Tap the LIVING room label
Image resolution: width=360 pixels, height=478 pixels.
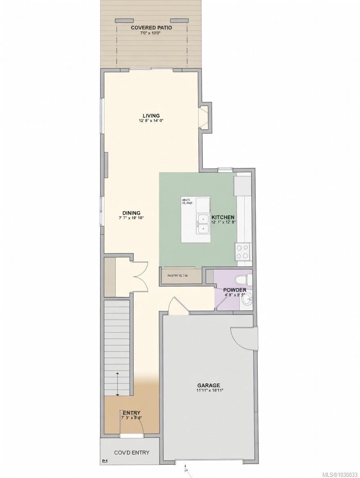(151, 115)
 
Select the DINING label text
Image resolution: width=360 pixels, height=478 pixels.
(131, 213)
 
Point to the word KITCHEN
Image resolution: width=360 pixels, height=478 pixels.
(223, 217)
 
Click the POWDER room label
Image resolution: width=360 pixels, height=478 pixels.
(234, 290)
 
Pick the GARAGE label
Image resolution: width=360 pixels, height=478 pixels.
(209, 385)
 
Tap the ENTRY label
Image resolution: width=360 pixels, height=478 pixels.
(131, 413)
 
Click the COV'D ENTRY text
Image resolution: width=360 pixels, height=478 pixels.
(131, 453)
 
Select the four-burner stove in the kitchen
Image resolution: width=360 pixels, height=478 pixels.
(243, 251)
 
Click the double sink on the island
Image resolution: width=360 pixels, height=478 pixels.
(203, 223)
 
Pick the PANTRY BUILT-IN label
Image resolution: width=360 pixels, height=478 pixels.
(178, 276)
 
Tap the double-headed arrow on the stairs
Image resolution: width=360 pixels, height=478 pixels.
(118, 384)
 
